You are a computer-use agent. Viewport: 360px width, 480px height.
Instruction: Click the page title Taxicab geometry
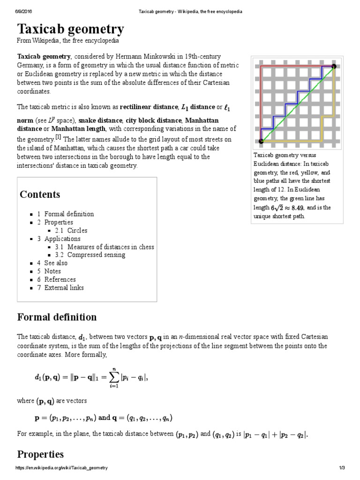[x=70, y=30]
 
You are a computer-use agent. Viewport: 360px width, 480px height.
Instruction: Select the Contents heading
[x=40, y=195]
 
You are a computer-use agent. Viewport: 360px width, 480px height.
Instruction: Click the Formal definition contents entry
[x=69, y=214]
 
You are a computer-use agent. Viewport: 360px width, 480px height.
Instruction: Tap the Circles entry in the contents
[x=77, y=230]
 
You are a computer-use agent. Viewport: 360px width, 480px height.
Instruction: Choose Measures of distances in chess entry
[x=111, y=247]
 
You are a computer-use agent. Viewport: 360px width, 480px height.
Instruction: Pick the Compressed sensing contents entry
[x=96, y=255]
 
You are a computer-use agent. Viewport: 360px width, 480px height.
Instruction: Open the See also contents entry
[x=56, y=263]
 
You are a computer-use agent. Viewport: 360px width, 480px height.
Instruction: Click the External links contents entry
[x=64, y=288]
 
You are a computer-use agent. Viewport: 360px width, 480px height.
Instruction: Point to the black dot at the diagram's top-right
[x=334, y=67]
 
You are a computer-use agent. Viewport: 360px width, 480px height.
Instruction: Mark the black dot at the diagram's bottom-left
[x=261, y=140]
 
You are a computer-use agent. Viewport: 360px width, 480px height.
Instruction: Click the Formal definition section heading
[x=57, y=317]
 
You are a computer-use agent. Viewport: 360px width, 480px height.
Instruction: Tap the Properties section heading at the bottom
[x=40, y=454]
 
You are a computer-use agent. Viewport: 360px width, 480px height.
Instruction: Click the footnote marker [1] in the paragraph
[x=58, y=137]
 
